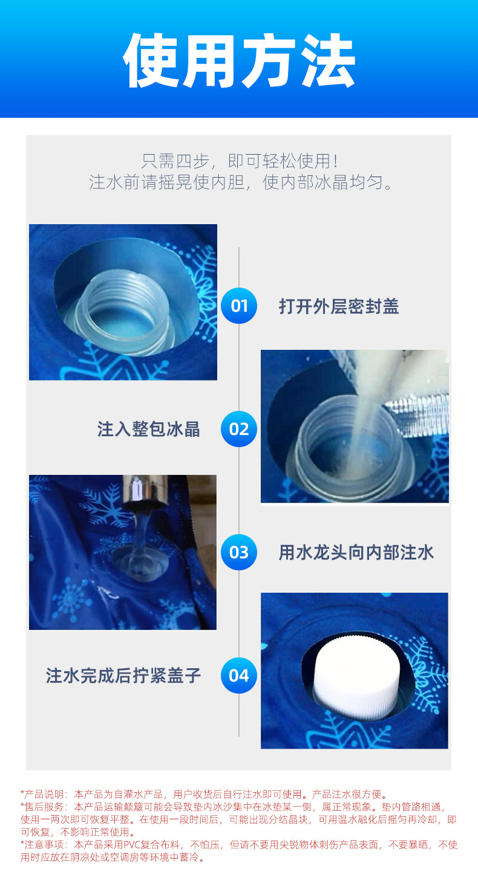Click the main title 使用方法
click(x=239, y=61)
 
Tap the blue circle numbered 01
click(x=239, y=306)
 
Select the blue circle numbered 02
click(x=239, y=429)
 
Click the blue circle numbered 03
click(x=239, y=552)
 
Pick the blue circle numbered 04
click(x=239, y=675)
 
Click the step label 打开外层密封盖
click(x=339, y=306)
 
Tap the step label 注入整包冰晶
click(x=149, y=430)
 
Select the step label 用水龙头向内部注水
click(x=356, y=552)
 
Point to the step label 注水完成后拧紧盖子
click(x=123, y=675)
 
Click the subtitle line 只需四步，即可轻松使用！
click(x=239, y=161)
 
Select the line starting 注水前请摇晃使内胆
click(x=239, y=182)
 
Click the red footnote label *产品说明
click(x=45, y=794)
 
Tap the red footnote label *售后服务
click(x=45, y=807)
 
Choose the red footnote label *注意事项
click(x=45, y=844)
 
